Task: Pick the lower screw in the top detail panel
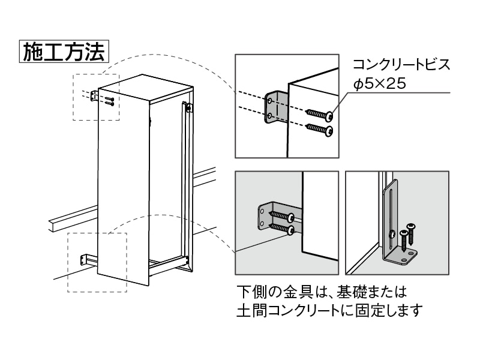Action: [319, 128]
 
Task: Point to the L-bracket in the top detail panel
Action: [273, 108]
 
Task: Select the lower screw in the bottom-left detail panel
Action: [283, 229]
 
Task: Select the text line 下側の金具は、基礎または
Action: [322, 292]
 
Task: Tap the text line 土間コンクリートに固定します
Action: [330, 311]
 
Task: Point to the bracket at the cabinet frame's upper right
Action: [189, 108]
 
